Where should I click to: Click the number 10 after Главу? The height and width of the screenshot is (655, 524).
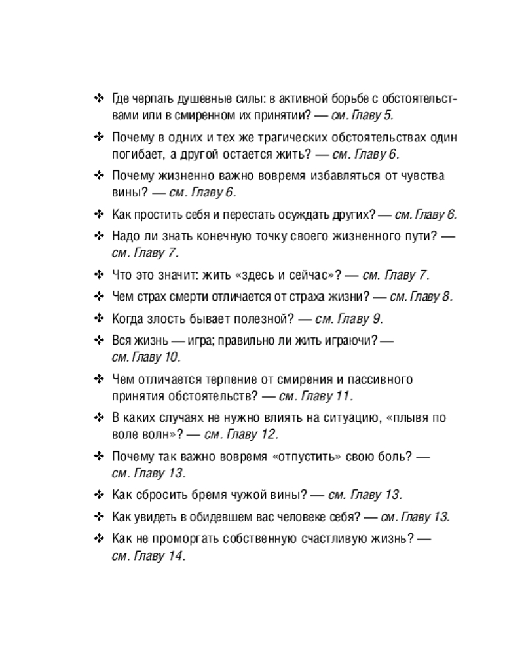click(x=172, y=358)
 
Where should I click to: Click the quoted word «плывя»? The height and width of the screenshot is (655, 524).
click(x=413, y=418)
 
